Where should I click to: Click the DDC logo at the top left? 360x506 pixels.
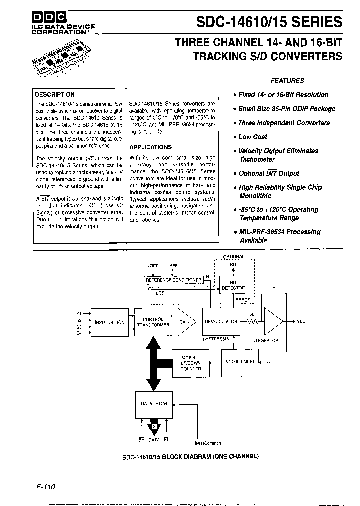click(x=48, y=16)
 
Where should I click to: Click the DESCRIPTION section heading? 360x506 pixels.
click(x=55, y=94)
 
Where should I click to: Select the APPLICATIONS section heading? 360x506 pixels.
click(x=150, y=147)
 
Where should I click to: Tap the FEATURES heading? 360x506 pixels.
click(x=287, y=80)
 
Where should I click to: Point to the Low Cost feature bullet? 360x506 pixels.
click(x=252, y=137)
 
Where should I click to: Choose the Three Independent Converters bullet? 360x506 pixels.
click(x=283, y=123)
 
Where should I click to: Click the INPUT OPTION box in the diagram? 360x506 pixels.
click(x=109, y=322)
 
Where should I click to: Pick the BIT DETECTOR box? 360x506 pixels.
click(x=233, y=285)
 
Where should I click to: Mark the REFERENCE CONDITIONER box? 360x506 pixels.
click(x=173, y=280)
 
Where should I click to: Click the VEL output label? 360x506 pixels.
click(x=300, y=321)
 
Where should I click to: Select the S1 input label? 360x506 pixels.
click(x=79, y=311)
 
